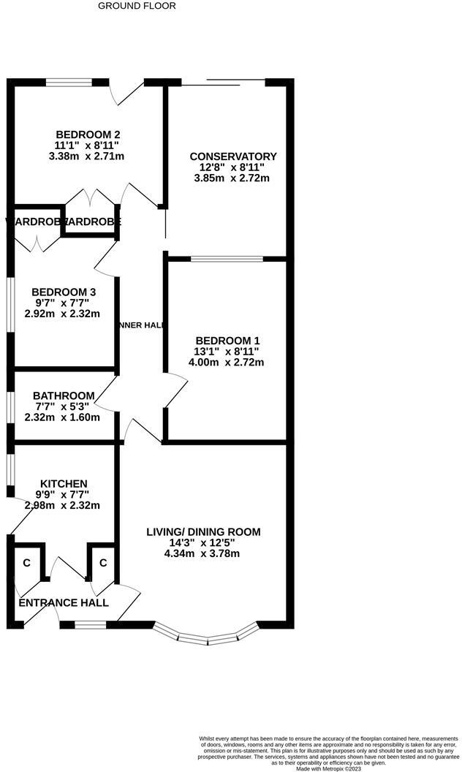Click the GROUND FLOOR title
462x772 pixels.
(137, 6)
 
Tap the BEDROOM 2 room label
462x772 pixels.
(88, 135)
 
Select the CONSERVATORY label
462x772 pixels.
(232, 156)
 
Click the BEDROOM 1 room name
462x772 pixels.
(227, 341)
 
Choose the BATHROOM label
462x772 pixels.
(63, 396)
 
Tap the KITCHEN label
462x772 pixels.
(64, 484)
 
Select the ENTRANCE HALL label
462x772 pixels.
(63, 603)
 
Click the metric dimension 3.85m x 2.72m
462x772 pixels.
(232, 178)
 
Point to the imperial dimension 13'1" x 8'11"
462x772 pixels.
(227, 352)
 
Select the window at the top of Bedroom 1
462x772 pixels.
(227, 258)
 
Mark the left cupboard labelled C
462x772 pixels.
(27, 564)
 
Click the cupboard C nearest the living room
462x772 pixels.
(103, 564)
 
